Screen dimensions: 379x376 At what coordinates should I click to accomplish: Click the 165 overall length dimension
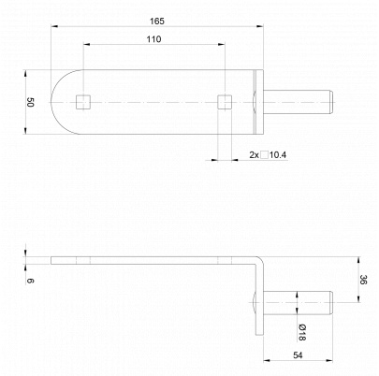click(x=156, y=22)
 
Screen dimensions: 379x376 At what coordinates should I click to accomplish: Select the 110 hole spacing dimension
click(x=154, y=39)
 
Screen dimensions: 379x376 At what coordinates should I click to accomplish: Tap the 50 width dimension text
click(x=30, y=102)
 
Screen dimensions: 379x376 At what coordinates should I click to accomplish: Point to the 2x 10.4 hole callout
click(x=268, y=155)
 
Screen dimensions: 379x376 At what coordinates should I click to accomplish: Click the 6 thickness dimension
click(x=30, y=281)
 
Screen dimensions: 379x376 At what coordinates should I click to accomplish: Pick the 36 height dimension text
click(x=363, y=280)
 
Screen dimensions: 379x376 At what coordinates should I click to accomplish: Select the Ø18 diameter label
click(x=301, y=332)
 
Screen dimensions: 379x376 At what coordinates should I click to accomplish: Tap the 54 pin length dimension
click(x=298, y=355)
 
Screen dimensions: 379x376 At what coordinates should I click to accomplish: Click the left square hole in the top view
click(x=83, y=102)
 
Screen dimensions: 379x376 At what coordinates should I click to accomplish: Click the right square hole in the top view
click(x=225, y=102)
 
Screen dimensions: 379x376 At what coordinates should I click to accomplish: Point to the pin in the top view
click(x=299, y=102)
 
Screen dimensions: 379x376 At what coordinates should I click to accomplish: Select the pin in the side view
click(x=299, y=303)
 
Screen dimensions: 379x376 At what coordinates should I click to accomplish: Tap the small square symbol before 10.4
click(x=265, y=155)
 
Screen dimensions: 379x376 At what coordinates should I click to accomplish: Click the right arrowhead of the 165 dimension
click(x=260, y=27)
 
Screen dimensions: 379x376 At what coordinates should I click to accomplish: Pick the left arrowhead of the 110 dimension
click(x=87, y=45)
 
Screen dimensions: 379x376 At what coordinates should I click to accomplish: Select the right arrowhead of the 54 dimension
click(x=329, y=361)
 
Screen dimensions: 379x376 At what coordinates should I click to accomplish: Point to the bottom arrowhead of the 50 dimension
click(x=25, y=131)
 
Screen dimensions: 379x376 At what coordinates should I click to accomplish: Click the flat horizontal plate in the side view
click(x=153, y=260)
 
